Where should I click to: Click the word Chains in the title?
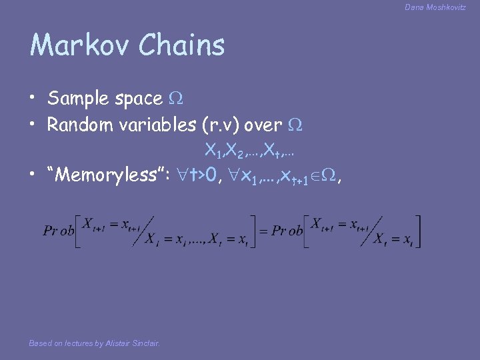[182, 45]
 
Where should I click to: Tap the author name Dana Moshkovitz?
[435, 7]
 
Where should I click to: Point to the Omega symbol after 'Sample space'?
[176, 99]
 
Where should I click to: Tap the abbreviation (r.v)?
[219, 125]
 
